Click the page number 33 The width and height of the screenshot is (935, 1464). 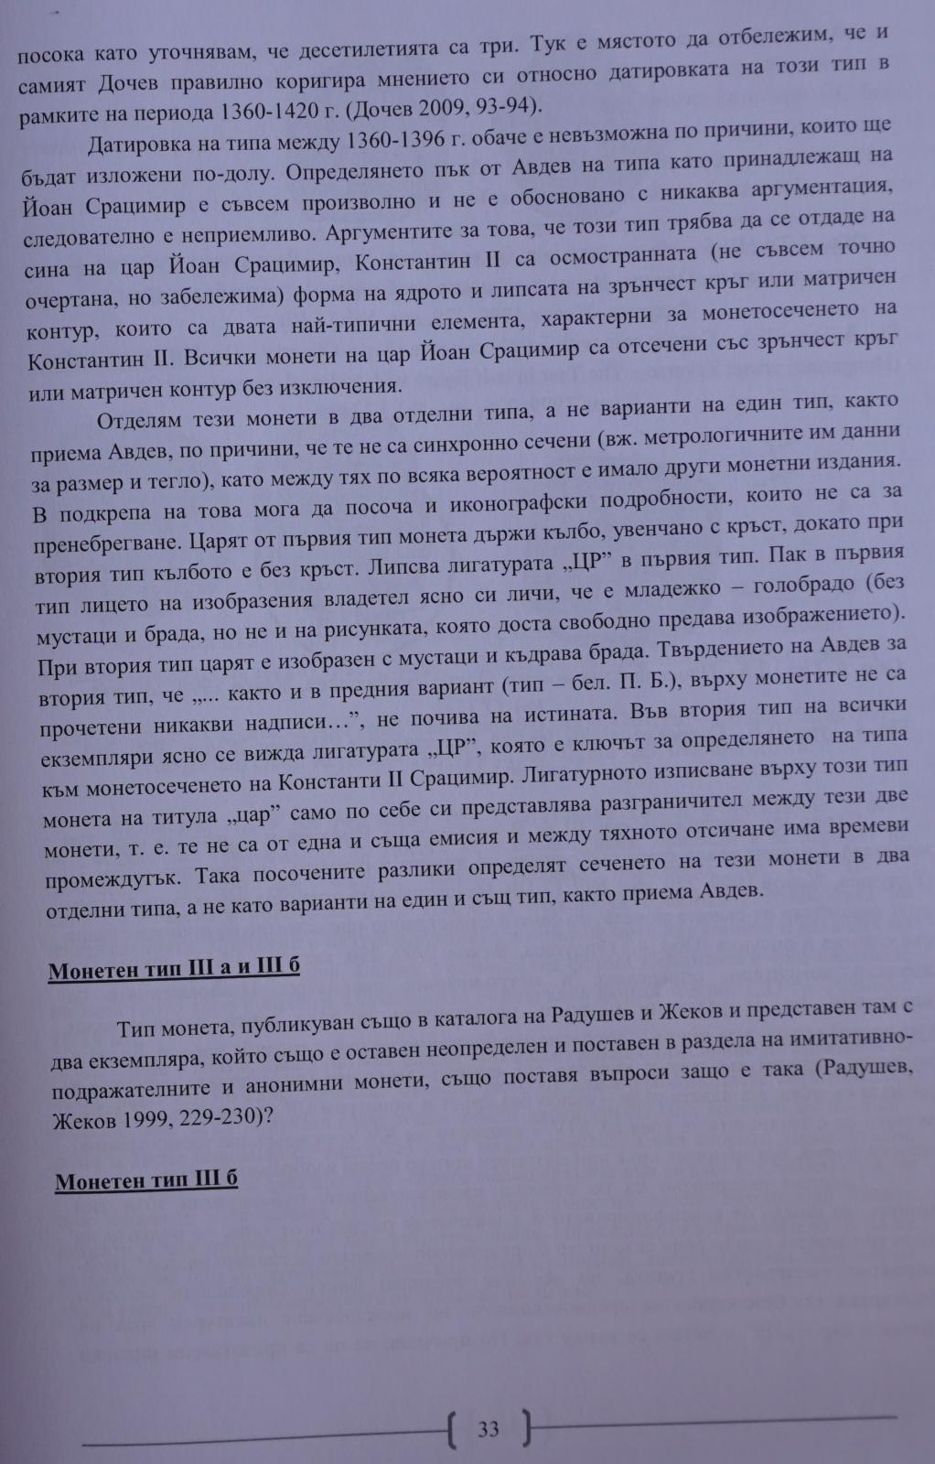488,1428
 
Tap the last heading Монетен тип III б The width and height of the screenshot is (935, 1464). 146,1180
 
